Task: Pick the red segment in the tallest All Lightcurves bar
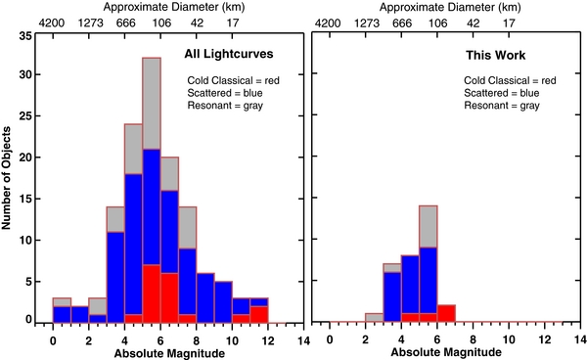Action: click(x=152, y=293)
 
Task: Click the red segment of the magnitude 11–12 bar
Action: click(x=259, y=314)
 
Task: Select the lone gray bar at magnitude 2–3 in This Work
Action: click(x=374, y=318)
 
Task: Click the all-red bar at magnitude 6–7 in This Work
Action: click(x=445, y=314)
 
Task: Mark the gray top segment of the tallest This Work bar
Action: click(x=428, y=226)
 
